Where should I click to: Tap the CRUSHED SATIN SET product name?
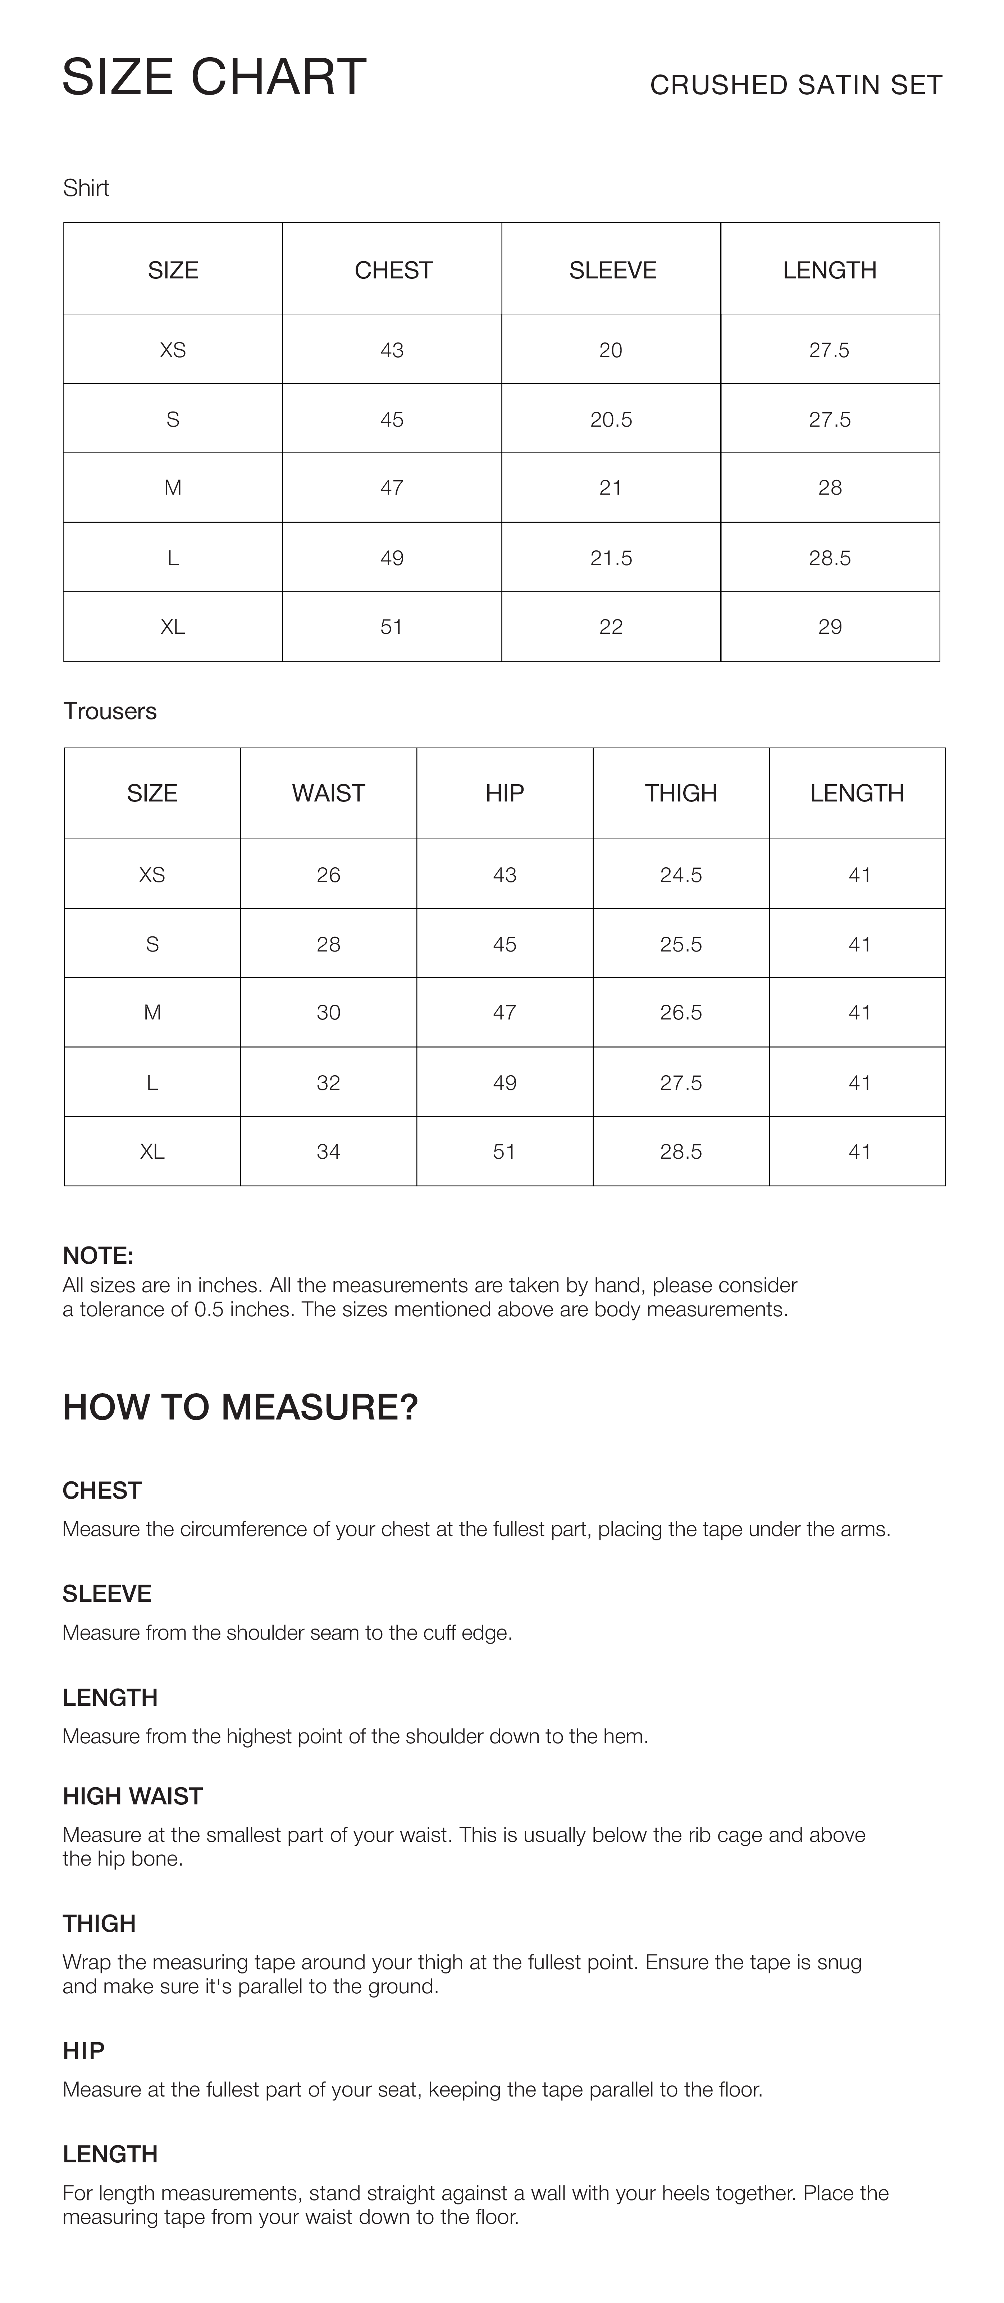pyautogui.click(x=796, y=85)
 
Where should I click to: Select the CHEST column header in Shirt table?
pyautogui.click(x=393, y=270)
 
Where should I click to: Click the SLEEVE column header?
pyautogui.click(x=612, y=270)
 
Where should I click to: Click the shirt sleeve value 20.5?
pyautogui.click(x=611, y=419)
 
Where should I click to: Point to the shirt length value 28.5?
pyautogui.click(x=830, y=558)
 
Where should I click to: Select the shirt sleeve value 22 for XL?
pyautogui.click(x=611, y=627)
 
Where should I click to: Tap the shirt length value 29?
pyautogui.click(x=830, y=627)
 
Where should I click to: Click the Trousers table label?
pyautogui.click(x=110, y=711)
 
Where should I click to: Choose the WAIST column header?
pyautogui.click(x=328, y=793)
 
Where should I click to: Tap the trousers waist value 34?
pyautogui.click(x=328, y=1151)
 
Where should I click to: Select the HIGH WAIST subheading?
pyautogui.click(x=132, y=1796)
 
